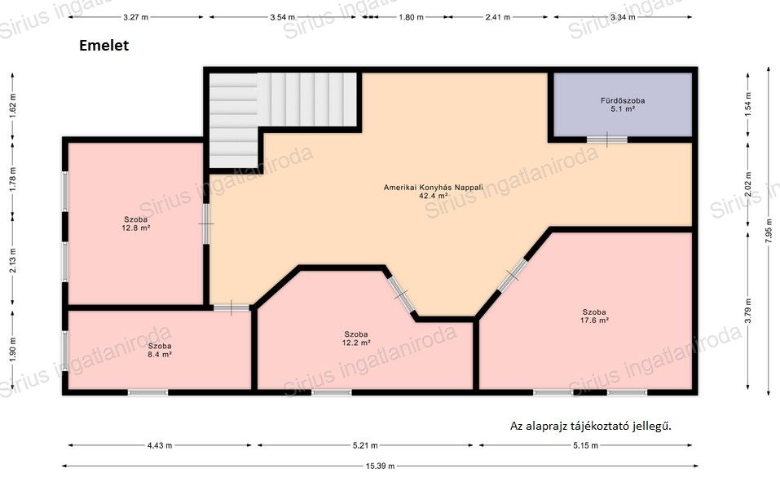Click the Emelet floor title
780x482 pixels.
pyautogui.click(x=104, y=46)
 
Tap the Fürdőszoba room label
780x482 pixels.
pyautogui.click(x=623, y=100)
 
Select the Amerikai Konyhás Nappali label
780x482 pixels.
pyautogui.click(x=434, y=188)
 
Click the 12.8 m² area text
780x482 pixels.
pyautogui.click(x=136, y=228)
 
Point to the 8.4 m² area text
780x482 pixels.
pyautogui.click(x=160, y=355)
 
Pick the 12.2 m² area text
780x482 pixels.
pyautogui.click(x=355, y=343)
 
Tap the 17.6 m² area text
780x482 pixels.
pyautogui.click(x=594, y=321)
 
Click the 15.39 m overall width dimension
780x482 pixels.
pyautogui.click(x=380, y=466)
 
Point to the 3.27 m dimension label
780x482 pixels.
pyautogui.click(x=136, y=17)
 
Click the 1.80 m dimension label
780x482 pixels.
pyautogui.click(x=411, y=17)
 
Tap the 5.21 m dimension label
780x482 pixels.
pyautogui.click(x=365, y=445)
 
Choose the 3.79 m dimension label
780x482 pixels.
pyautogui.click(x=747, y=311)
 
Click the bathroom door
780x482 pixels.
pyautogui.click(x=607, y=139)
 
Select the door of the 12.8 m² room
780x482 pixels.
pyautogui.click(x=206, y=223)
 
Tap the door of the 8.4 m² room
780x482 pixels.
pyautogui.click(x=231, y=307)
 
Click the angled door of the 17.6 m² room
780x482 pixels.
pyautogui.click(x=513, y=275)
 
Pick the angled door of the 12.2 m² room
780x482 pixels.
pyautogui.click(x=401, y=294)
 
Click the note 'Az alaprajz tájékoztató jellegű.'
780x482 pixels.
pyautogui.click(x=591, y=427)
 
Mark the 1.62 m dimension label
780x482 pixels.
pyautogui.click(x=12, y=104)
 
